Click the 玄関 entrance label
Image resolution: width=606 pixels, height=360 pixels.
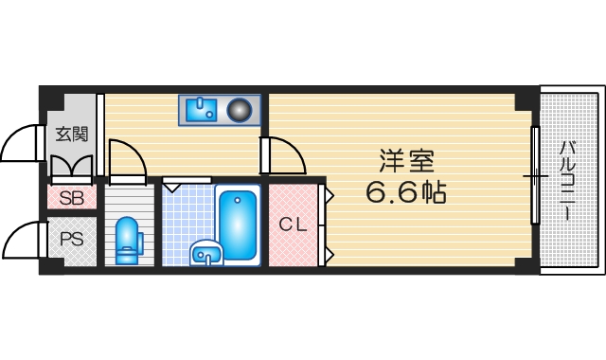[x=70, y=134]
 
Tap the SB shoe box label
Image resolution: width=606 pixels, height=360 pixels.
[x=71, y=199]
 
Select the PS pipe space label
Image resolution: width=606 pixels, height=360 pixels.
[x=72, y=240]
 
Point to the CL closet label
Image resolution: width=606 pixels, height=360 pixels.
[x=292, y=225]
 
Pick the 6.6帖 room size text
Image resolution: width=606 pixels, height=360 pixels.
[x=404, y=191]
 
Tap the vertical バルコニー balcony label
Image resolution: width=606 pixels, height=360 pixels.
[x=567, y=180]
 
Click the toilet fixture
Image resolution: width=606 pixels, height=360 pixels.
[x=127, y=241]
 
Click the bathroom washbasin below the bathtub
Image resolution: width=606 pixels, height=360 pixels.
[x=205, y=253]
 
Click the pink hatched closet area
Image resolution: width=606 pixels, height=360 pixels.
[x=295, y=225]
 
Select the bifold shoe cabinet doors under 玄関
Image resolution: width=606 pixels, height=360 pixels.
[x=70, y=169]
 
